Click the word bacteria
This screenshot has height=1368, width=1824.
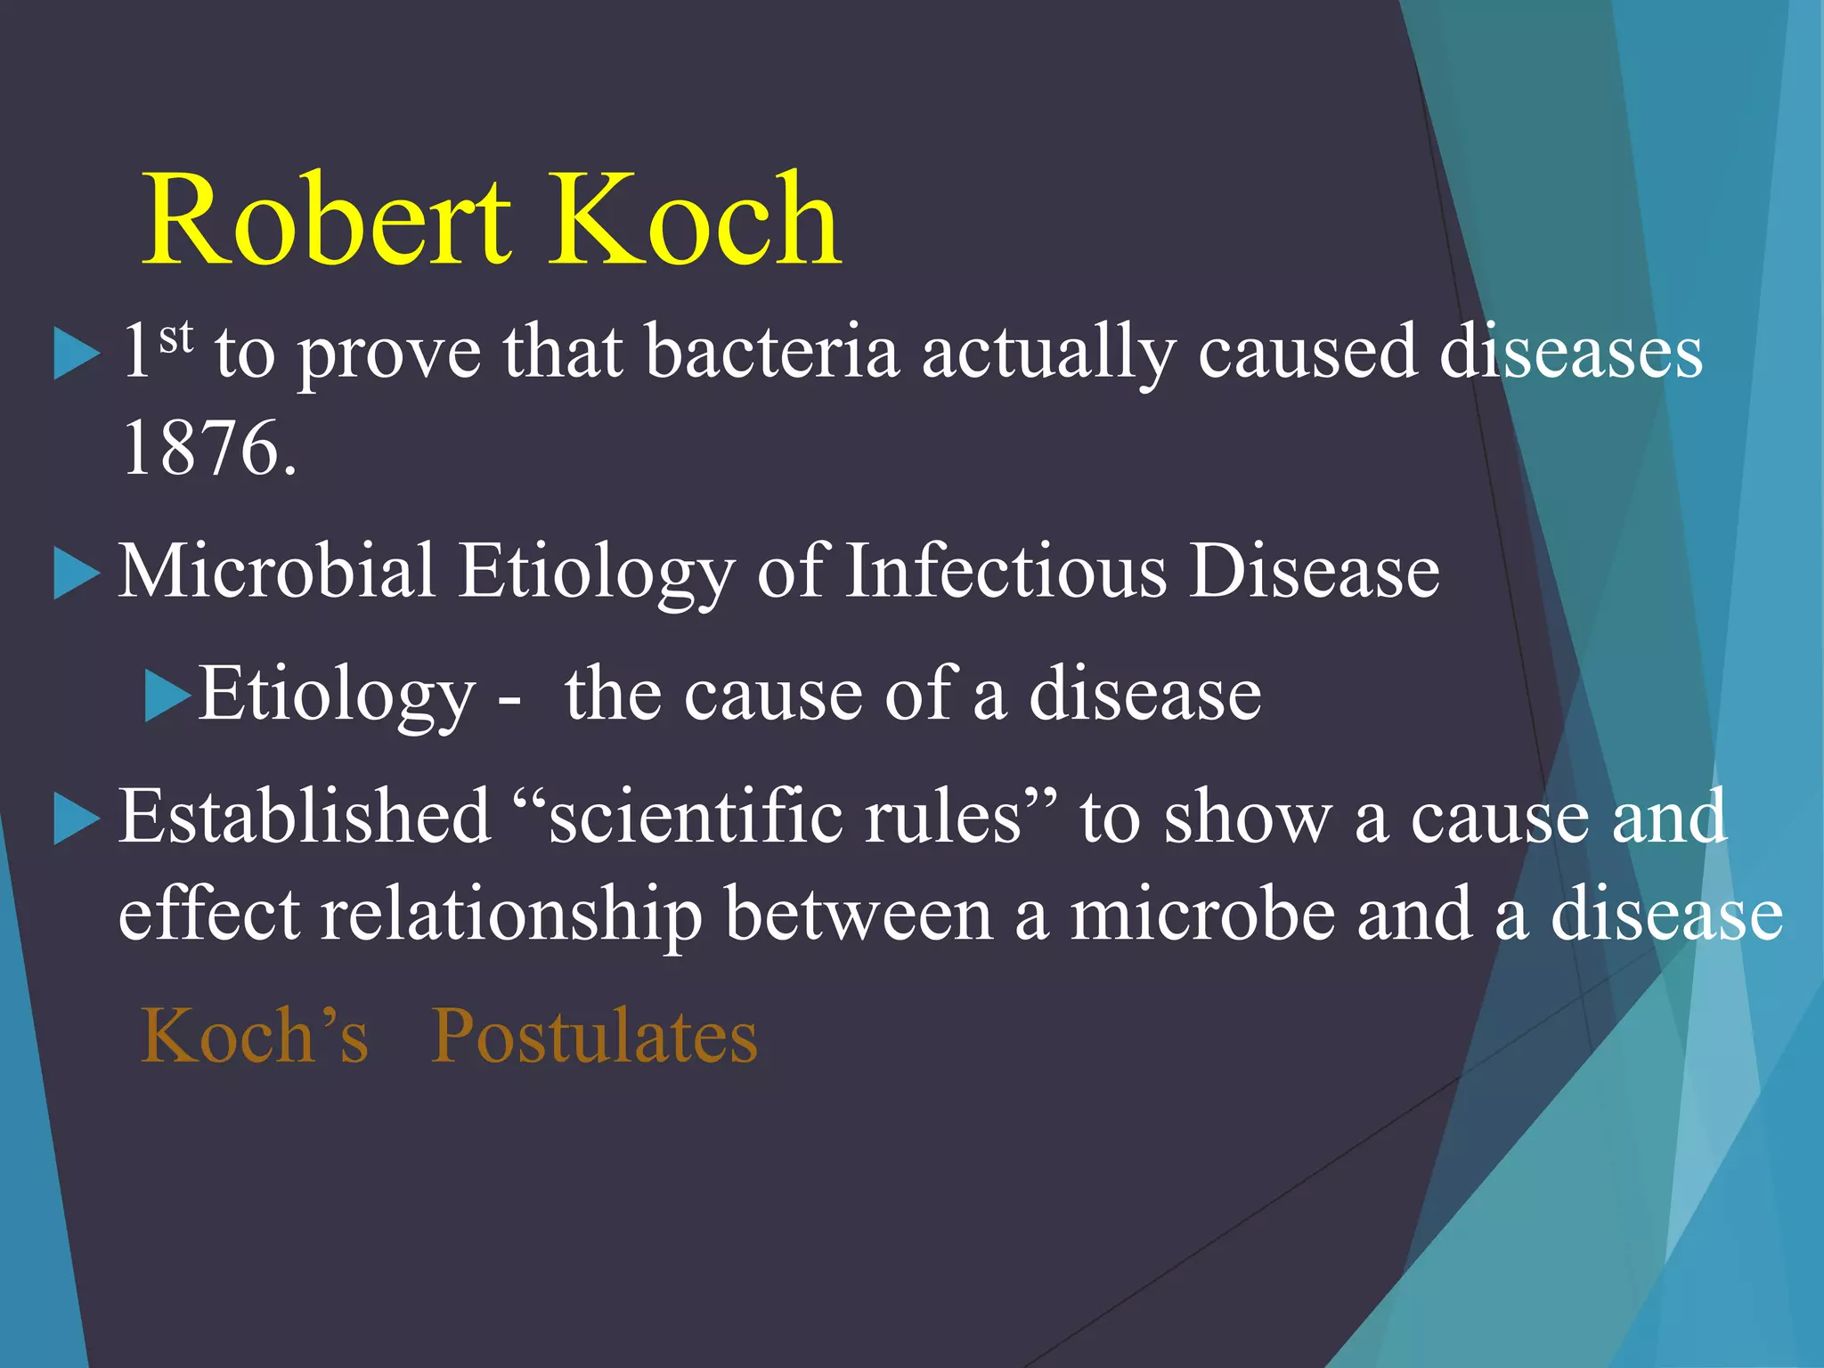pos(771,352)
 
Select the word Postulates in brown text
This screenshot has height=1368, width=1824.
pos(594,1036)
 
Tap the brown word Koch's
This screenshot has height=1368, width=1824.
pos(255,1036)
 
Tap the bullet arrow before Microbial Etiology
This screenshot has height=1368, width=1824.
pos(77,574)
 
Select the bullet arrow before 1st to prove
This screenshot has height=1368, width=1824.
pos(77,354)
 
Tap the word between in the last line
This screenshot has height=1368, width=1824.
pos(858,915)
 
